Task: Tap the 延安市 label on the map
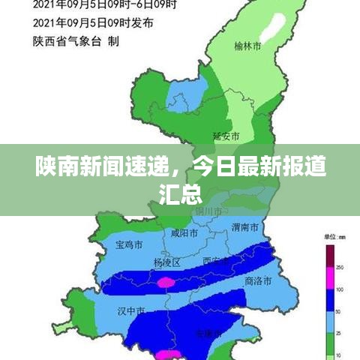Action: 226,136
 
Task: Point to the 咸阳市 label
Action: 184,234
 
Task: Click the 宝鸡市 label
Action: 129,244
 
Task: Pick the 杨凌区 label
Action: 166,262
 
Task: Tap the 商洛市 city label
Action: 258,281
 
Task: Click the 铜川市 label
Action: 207,211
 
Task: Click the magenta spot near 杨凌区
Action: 166,282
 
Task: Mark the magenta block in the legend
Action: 329,278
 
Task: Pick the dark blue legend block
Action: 329,300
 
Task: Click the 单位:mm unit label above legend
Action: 334,237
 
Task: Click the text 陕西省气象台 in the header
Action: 67,43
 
